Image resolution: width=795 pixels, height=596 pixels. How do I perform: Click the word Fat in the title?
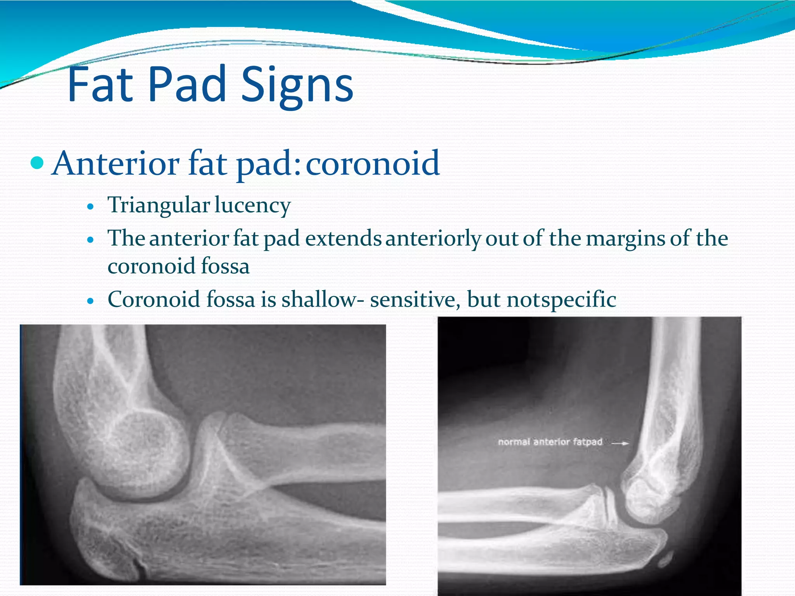tap(100, 84)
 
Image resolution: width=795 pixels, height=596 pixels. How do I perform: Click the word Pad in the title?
tap(187, 84)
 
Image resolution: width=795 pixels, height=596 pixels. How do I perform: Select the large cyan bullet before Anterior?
tap(37, 163)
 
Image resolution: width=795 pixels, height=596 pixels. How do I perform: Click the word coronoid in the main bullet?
tap(373, 163)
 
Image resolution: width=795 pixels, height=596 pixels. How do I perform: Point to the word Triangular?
tap(158, 206)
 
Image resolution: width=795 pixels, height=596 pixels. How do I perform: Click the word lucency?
tap(252, 206)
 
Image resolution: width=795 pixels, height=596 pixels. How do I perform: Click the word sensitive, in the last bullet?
tap(415, 300)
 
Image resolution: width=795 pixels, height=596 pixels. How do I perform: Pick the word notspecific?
tap(561, 300)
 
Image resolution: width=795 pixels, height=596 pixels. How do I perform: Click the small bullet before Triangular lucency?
tap(90, 207)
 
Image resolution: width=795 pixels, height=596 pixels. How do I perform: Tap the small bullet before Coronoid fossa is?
tap(90, 301)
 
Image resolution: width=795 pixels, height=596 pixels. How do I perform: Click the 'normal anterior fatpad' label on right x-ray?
tap(550, 442)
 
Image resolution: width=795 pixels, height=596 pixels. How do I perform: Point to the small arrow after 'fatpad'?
tap(620, 443)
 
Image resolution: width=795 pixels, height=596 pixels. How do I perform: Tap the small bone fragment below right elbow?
tap(665, 560)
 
